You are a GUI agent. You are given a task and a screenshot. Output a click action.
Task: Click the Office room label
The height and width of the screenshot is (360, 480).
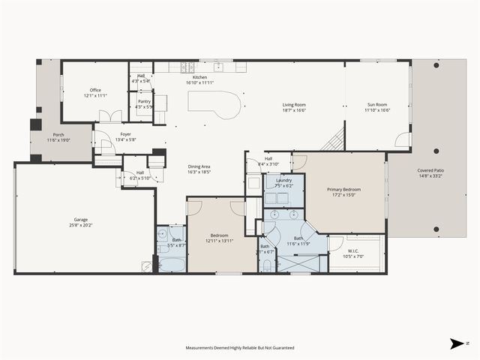click(94, 91)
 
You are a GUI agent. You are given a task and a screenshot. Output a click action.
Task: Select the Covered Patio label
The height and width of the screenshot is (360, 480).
click(430, 171)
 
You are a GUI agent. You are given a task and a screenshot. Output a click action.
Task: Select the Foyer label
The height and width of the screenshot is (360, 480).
click(125, 134)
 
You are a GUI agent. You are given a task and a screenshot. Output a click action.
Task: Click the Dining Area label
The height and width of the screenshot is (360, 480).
click(199, 166)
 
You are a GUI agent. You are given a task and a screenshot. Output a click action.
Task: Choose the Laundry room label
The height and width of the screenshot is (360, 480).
click(283, 181)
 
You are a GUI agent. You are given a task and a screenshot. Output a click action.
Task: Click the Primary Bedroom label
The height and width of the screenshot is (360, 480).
click(343, 190)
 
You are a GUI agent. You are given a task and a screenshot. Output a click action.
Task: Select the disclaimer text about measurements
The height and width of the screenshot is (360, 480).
click(240, 348)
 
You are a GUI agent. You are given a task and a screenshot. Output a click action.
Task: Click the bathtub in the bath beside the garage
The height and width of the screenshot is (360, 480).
click(172, 264)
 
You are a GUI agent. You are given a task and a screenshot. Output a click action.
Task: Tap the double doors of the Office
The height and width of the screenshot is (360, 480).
click(110, 117)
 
